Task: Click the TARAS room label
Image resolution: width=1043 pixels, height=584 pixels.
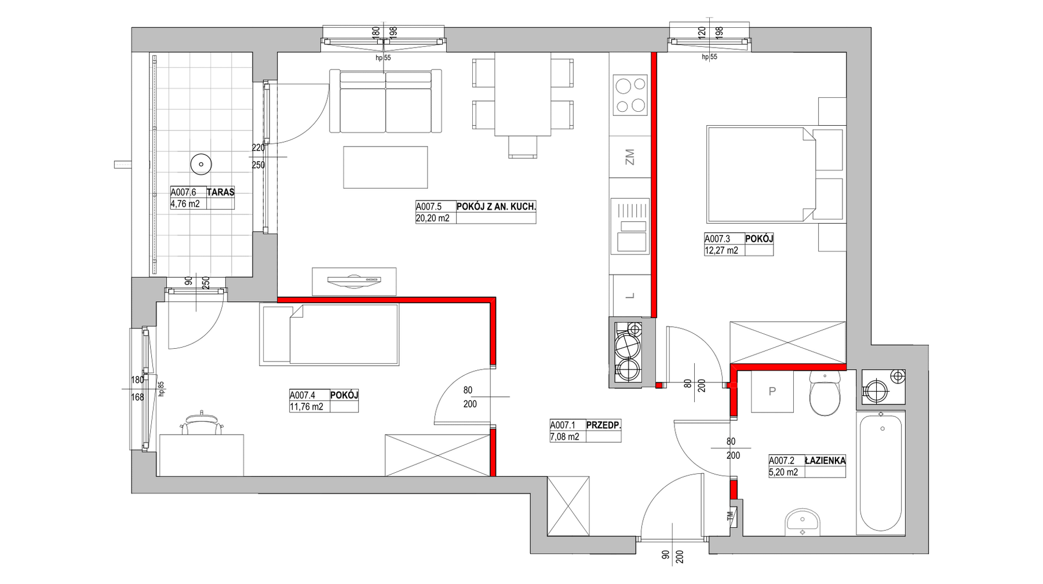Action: click(x=220, y=192)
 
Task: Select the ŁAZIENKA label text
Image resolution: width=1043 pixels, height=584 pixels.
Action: click(x=825, y=461)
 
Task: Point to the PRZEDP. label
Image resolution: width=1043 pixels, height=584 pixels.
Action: click(x=604, y=425)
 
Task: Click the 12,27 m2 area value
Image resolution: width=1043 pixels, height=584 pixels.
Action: click(x=721, y=250)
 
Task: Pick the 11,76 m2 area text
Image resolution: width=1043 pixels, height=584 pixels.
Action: click(x=307, y=407)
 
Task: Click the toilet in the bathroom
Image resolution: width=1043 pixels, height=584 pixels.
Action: click(x=825, y=393)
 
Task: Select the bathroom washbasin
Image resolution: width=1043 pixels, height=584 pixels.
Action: click(x=803, y=523)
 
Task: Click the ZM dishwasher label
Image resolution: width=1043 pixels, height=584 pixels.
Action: click(x=630, y=157)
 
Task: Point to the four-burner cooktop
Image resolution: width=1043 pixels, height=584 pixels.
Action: click(x=630, y=95)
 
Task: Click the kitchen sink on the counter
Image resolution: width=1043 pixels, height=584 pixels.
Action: click(x=630, y=227)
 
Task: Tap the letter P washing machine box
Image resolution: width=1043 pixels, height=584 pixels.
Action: click(x=772, y=392)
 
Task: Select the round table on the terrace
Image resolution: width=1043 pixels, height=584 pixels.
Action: click(x=201, y=165)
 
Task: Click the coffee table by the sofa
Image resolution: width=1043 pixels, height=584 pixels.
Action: click(x=385, y=167)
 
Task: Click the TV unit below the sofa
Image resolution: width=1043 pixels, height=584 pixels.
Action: click(x=354, y=282)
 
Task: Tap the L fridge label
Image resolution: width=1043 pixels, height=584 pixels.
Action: click(x=630, y=296)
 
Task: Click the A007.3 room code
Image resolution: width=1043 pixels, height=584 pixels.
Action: click(x=717, y=239)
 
